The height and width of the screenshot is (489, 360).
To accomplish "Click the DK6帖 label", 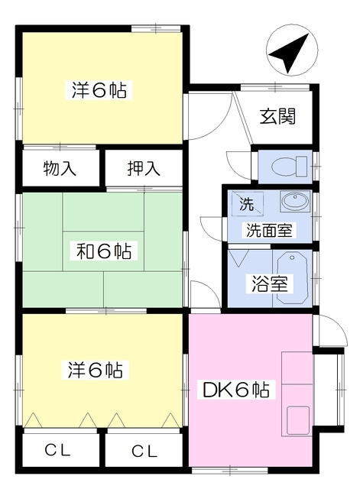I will (x=235, y=390).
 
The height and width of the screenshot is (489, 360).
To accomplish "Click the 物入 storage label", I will (x=60, y=169).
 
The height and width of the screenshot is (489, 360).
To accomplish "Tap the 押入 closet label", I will (x=143, y=169).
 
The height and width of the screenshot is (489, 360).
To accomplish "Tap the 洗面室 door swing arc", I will (x=210, y=228).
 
